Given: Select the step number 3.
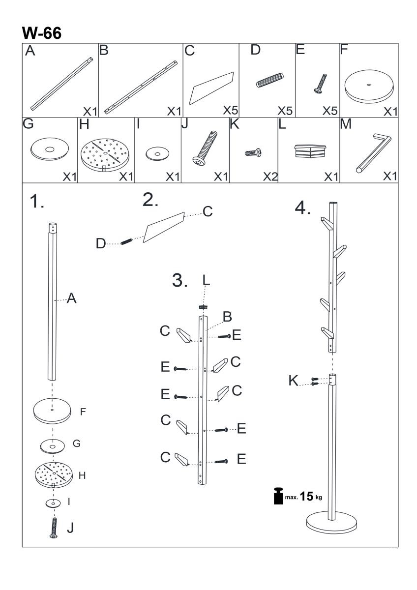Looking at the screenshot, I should pyautogui.click(x=179, y=281).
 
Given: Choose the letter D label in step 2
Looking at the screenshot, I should pyautogui.click(x=101, y=243).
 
